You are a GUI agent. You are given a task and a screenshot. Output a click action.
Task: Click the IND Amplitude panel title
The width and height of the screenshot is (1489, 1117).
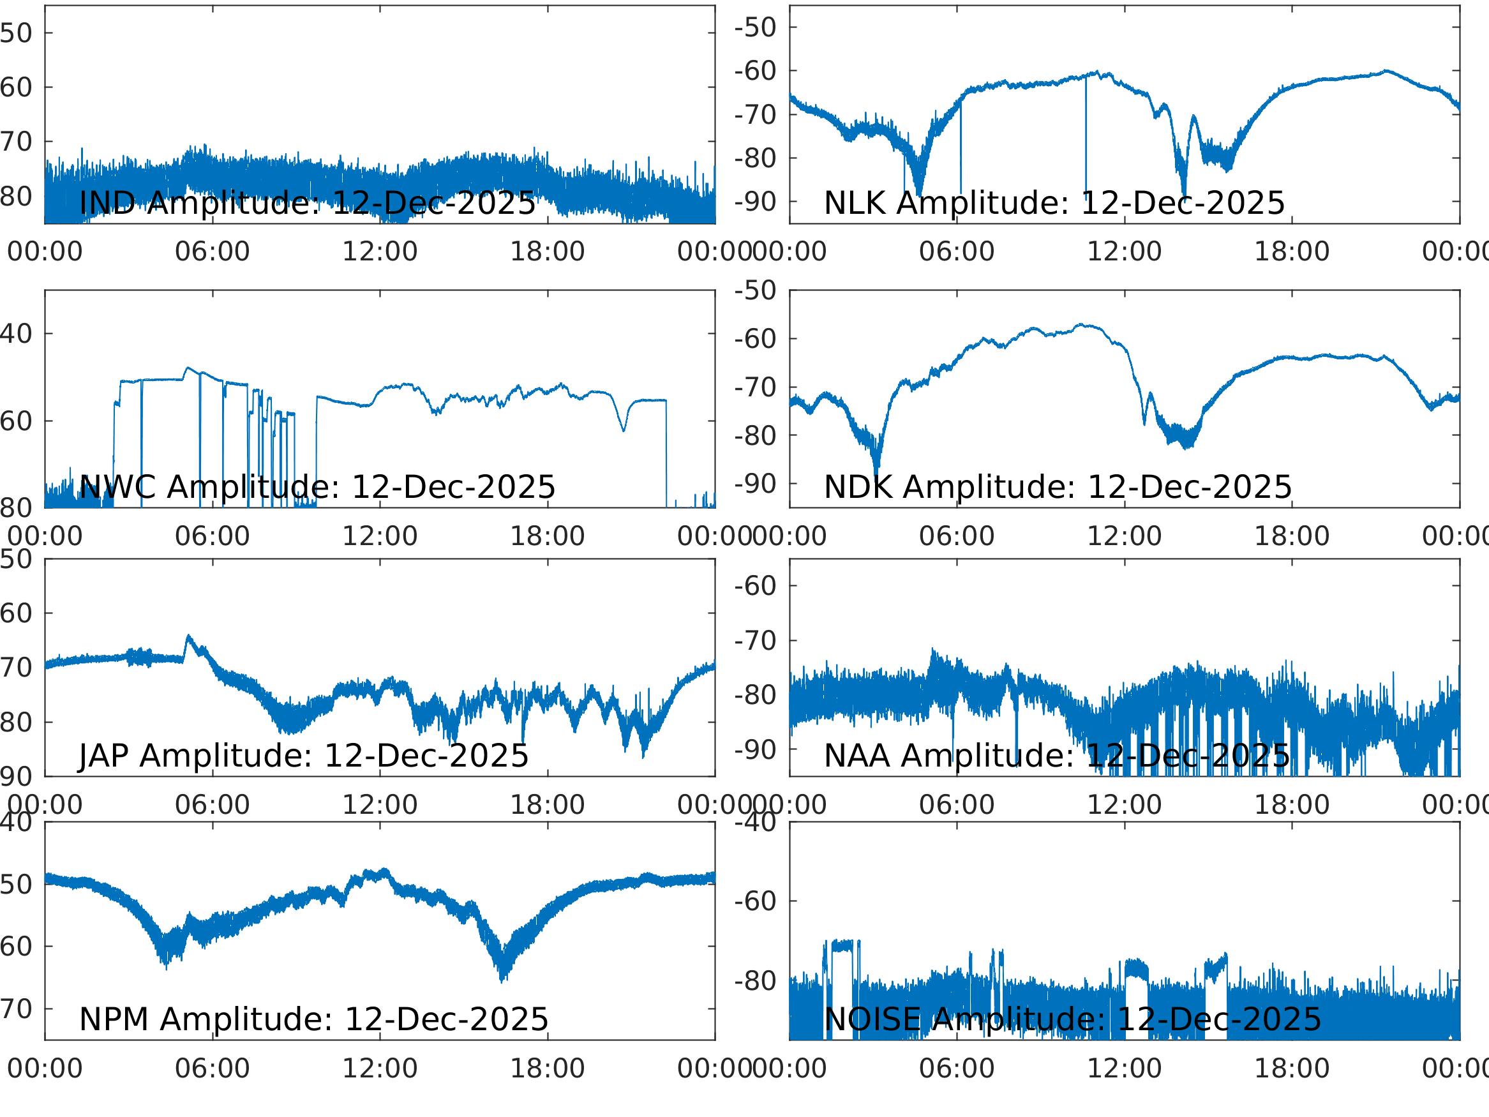pyautogui.click(x=307, y=204)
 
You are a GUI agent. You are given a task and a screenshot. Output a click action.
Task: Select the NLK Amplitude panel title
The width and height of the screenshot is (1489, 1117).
pyautogui.click(x=1054, y=204)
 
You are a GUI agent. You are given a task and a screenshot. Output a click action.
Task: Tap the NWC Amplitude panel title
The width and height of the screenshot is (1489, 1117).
pyautogui.click(x=317, y=488)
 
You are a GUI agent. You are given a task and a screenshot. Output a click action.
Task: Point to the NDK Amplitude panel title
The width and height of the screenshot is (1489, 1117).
pyautogui.click(x=1058, y=488)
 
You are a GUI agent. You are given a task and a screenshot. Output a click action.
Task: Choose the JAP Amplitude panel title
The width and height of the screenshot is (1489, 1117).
pyautogui.click(x=304, y=756)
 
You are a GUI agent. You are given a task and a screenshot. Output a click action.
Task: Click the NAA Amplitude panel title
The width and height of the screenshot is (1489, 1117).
pyautogui.click(x=1057, y=756)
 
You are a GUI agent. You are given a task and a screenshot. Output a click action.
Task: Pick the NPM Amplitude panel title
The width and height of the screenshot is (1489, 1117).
pyautogui.click(x=313, y=1019)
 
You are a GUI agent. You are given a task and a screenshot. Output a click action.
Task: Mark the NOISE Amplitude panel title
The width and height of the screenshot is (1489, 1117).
pyautogui.click(x=1072, y=1019)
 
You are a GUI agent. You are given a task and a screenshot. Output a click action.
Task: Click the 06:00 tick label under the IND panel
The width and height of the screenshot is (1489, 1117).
pyautogui.click(x=212, y=252)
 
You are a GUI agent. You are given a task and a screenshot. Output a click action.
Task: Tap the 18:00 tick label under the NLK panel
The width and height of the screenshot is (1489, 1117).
pyautogui.click(x=1291, y=252)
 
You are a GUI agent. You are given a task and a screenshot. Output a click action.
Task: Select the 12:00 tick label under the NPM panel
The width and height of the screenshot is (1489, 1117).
pyautogui.click(x=380, y=1068)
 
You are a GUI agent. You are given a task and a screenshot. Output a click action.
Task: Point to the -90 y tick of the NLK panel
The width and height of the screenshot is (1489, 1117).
pyautogui.click(x=755, y=202)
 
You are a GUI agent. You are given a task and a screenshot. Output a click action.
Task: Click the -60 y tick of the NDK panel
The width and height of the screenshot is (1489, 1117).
pyautogui.click(x=755, y=340)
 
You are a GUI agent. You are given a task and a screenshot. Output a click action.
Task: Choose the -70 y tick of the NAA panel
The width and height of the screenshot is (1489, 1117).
pyautogui.click(x=755, y=641)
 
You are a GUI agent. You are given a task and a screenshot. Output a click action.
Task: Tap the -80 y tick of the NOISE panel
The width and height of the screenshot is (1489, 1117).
pyautogui.click(x=755, y=981)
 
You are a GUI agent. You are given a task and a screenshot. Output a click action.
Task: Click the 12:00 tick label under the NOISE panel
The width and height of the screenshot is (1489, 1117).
pyautogui.click(x=1124, y=1068)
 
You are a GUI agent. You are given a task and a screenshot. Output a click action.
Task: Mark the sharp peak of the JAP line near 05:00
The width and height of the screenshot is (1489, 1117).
pyautogui.click(x=188, y=636)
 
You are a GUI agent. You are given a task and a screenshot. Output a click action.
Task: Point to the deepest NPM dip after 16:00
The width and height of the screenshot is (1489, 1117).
pyautogui.click(x=502, y=980)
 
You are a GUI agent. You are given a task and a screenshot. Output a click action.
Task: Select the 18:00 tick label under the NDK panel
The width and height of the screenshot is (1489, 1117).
pyautogui.click(x=1291, y=537)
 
